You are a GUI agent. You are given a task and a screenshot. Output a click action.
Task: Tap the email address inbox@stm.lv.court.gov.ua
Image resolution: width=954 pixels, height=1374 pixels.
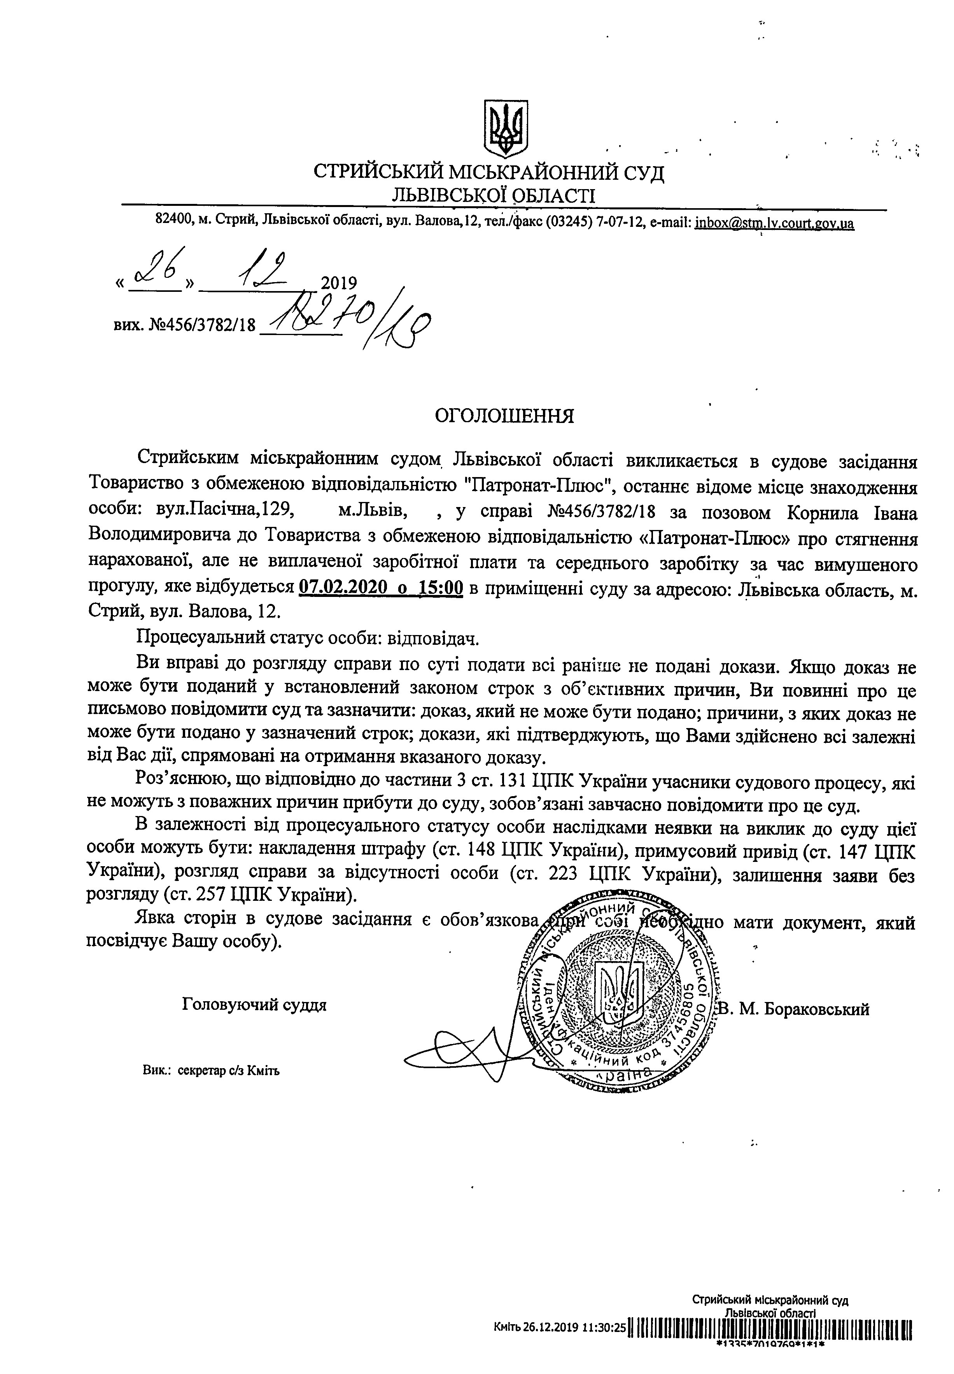coord(774,224)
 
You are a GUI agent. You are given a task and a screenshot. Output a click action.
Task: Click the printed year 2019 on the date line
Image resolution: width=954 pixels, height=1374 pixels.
coord(338,283)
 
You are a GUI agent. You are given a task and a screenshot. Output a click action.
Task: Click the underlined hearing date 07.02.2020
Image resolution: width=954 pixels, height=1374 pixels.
coord(338,589)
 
